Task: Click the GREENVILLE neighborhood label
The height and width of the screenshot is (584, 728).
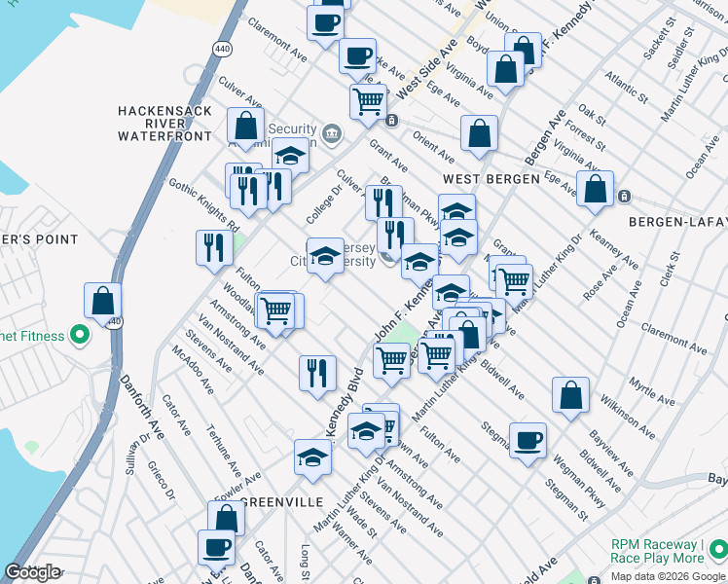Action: [x=280, y=502]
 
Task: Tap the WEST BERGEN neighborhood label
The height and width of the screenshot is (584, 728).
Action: [x=491, y=180]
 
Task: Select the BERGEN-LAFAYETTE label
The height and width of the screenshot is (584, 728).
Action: [x=677, y=222]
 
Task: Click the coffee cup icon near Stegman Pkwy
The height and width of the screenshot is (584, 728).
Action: [x=528, y=442]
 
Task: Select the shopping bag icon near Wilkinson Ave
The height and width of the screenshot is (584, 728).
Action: [x=571, y=395]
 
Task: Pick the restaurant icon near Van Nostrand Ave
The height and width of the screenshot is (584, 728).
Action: [x=317, y=373]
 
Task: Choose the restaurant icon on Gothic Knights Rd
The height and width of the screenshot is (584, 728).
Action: [x=213, y=249]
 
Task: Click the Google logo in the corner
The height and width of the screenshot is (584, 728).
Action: [x=32, y=572]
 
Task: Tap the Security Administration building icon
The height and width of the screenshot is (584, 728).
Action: [x=331, y=132]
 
